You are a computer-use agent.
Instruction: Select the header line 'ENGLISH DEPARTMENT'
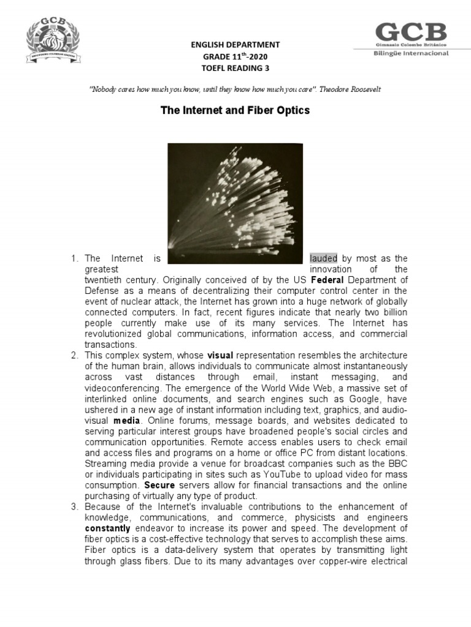tap(236, 45)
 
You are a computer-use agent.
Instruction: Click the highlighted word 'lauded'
tap(323, 258)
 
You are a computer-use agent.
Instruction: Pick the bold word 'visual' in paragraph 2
tap(221, 355)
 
